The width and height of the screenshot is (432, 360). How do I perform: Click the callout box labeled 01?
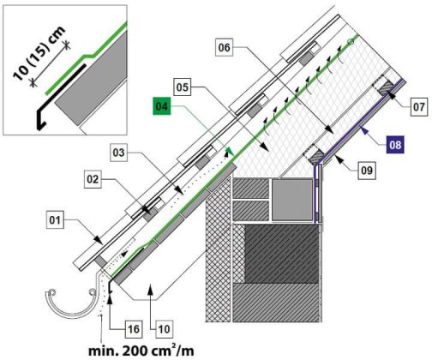pyautogui.click(x=55, y=220)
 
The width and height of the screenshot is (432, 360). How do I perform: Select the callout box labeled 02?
pyautogui.click(x=93, y=179)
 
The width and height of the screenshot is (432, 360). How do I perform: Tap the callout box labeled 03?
pyautogui.click(x=119, y=153)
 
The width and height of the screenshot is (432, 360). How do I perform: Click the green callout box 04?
pyautogui.click(x=162, y=106)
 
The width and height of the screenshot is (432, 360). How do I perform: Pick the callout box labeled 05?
pyautogui.click(x=183, y=87)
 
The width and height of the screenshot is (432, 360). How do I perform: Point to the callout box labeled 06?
pyautogui.click(x=224, y=47)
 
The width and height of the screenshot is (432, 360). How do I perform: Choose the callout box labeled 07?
pyautogui.click(x=419, y=107)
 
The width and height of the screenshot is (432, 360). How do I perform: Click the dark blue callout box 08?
pyautogui.click(x=395, y=145)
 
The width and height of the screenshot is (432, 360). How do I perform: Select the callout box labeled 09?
pyautogui.click(x=367, y=171)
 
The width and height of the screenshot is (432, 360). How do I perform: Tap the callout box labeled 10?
pyautogui.click(x=164, y=329)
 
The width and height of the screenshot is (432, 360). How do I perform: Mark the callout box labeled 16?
pyautogui.click(x=134, y=329)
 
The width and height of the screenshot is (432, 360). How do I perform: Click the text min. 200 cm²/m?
pyautogui.click(x=141, y=351)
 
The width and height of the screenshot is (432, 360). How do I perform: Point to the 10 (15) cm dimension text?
pyautogui.click(x=39, y=54)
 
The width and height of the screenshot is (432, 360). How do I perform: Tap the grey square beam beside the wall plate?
pyautogui.click(x=292, y=200)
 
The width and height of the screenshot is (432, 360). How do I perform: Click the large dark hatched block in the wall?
pyautogui.click(x=281, y=254)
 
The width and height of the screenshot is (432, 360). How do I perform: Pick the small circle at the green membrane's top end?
pyautogui.click(x=351, y=42)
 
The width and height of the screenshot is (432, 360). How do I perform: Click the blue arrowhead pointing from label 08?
pyautogui.click(x=363, y=131)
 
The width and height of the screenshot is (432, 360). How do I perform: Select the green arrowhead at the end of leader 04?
pyautogui.click(x=230, y=151)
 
